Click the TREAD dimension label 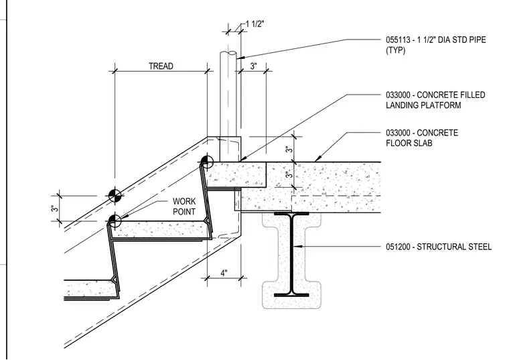[161, 66]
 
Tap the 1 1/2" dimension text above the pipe [254, 24]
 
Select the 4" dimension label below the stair [224, 273]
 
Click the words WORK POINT [184, 206]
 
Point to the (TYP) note [395, 50]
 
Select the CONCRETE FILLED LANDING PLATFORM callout [435, 100]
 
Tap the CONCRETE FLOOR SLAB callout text [422, 137]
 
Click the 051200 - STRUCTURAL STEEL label [439, 247]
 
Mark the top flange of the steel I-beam [291, 214]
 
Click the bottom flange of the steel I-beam [291, 296]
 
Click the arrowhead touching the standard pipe [240, 58]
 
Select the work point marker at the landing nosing [207, 162]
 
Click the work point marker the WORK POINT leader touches [115, 221]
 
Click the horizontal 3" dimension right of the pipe [254, 66]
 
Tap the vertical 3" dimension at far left [54, 208]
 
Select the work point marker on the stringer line [115, 196]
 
